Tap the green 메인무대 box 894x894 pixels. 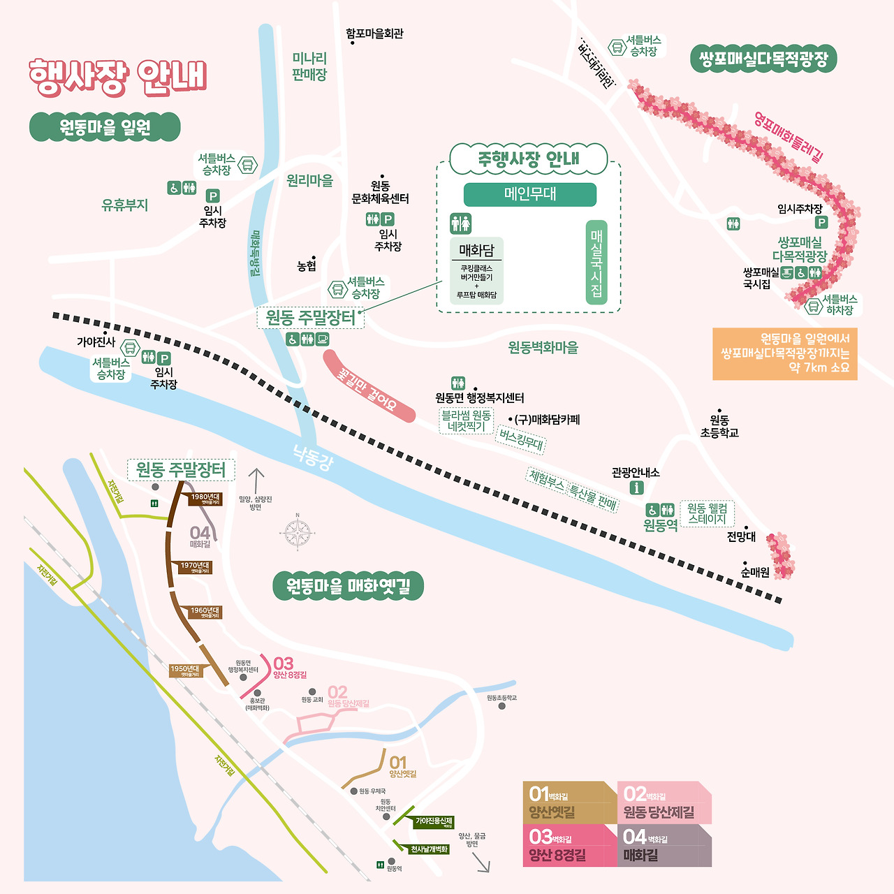point(530,194)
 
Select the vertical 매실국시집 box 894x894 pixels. point(596,263)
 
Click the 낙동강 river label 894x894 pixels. point(313,458)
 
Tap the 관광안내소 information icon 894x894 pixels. point(636,488)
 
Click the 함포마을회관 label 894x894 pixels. point(375,34)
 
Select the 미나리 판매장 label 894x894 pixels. point(309,66)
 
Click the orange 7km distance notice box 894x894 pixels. point(785,353)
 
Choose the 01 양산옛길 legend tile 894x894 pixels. point(569,803)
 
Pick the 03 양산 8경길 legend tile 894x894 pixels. point(569,846)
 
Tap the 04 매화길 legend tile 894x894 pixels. point(664,846)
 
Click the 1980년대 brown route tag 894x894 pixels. point(205,499)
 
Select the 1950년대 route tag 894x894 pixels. point(185,670)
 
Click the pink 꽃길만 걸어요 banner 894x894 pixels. point(368,387)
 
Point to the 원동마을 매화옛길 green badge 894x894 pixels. point(348,586)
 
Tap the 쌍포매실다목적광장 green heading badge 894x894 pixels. point(763,59)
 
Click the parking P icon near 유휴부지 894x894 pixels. point(213,196)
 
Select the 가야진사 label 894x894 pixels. point(96,342)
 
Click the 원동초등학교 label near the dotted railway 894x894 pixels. point(719,426)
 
